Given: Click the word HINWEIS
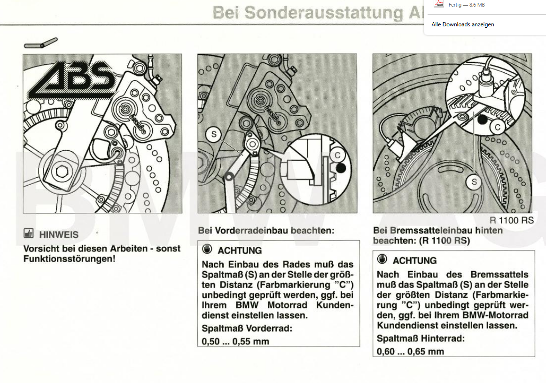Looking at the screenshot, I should pyautogui.click(x=59, y=234).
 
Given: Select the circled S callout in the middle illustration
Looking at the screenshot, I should pyautogui.click(x=214, y=134).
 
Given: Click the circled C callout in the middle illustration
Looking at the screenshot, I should pyautogui.click(x=337, y=155).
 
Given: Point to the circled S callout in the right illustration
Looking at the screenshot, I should pyautogui.click(x=474, y=182).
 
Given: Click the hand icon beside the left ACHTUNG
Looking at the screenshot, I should pyautogui.click(x=207, y=250).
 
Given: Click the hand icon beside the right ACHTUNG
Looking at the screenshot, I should pyautogui.click(x=382, y=259).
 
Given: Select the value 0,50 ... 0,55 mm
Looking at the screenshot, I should pyautogui.click(x=235, y=341).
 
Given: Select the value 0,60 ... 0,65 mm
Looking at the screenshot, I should pyautogui.click(x=410, y=351).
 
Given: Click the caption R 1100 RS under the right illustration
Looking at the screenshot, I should pyautogui.click(x=511, y=220).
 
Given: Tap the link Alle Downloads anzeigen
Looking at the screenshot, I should pyautogui.click(x=462, y=24).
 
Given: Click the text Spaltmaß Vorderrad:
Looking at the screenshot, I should pyautogui.click(x=247, y=328).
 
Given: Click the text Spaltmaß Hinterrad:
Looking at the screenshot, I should pyautogui.click(x=421, y=338).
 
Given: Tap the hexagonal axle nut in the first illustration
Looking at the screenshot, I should pyautogui.click(x=59, y=172).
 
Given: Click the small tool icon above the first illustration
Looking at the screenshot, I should pyautogui.click(x=41, y=43).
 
